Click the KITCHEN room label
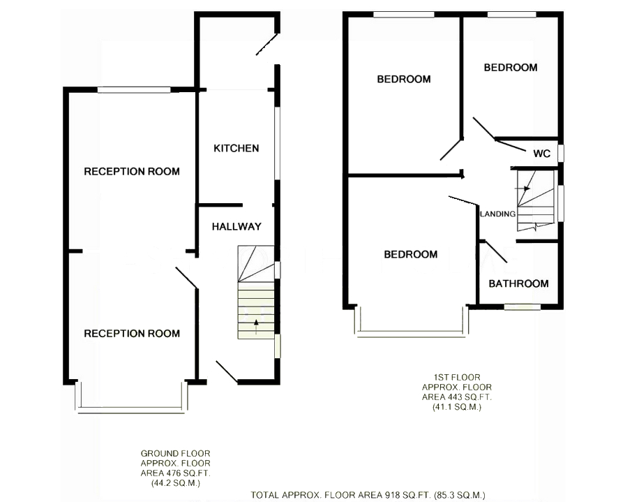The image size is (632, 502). (236, 149)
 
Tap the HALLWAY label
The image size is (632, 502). (236, 227)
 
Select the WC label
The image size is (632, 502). (542, 154)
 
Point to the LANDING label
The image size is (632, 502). (498, 214)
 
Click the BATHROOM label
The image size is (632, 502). (519, 283)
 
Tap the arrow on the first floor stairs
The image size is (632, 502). (522, 188)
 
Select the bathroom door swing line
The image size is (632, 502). (496, 252)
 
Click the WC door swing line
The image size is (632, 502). (511, 145)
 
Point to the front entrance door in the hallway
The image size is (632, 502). (227, 371)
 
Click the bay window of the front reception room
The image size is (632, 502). (131, 408)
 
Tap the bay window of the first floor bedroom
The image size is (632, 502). (412, 332)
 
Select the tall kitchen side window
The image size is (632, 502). (278, 143)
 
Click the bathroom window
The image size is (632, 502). (522, 307)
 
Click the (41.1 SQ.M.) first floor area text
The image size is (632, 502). (457, 407)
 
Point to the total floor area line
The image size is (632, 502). (368, 495)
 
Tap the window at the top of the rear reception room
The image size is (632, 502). (134, 89)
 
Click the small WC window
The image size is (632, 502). (561, 154)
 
